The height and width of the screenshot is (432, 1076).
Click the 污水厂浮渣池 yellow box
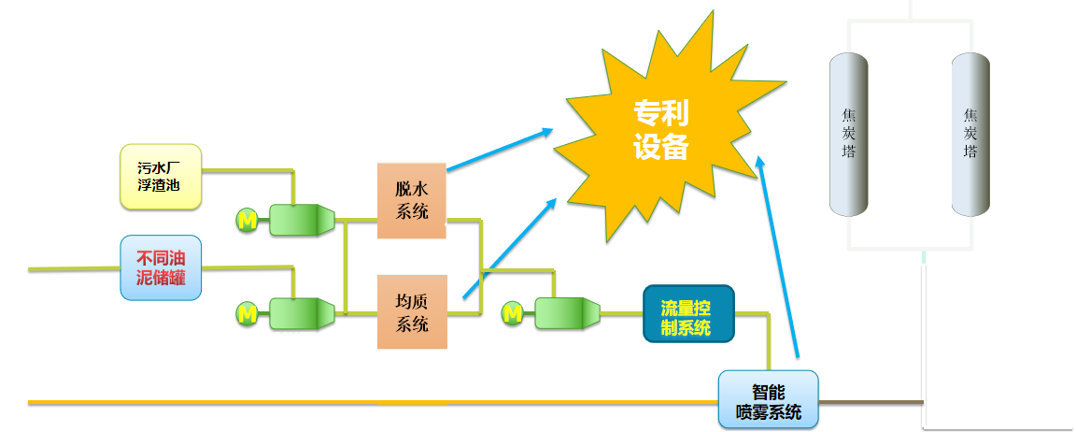(x=161, y=176)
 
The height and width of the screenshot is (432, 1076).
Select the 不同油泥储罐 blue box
(x=161, y=267)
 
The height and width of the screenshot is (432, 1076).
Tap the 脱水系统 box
(x=412, y=200)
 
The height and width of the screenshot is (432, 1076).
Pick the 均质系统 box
(x=412, y=311)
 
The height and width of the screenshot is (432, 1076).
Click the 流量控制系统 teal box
(x=688, y=313)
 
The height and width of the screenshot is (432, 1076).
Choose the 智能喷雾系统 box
(x=768, y=400)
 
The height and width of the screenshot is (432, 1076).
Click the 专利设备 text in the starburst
(x=661, y=131)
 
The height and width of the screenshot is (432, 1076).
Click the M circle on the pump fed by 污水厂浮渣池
(x=248, y=220)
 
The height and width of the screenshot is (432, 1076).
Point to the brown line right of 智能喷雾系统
(x=869, y=402)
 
